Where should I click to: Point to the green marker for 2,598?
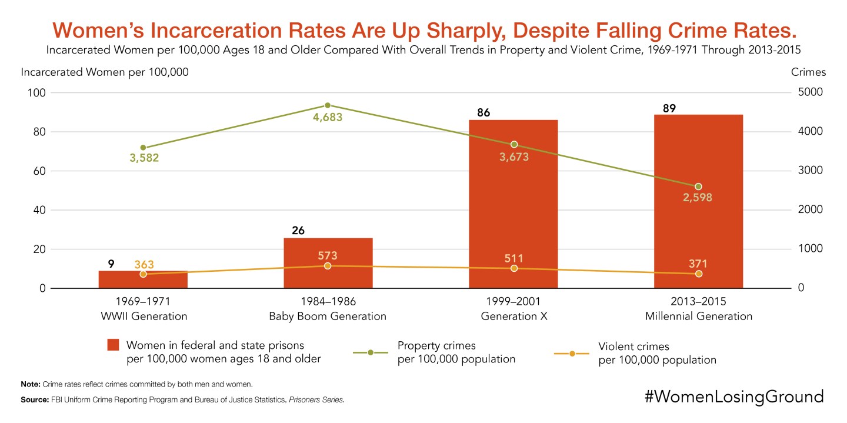coord(699,186)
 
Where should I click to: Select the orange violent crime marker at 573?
coord(328,266)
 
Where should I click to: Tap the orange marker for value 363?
coord(143,274)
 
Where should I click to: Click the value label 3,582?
coord(144,158)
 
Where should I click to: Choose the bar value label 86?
coord(483,112)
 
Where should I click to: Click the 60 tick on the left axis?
coord(39,171)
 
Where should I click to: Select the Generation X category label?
coord(513,316)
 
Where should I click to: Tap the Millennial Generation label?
coord(698,316)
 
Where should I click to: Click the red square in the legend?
coord(114,345)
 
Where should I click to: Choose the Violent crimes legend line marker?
coord(572,353)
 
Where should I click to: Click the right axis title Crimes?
coord(808,72)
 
